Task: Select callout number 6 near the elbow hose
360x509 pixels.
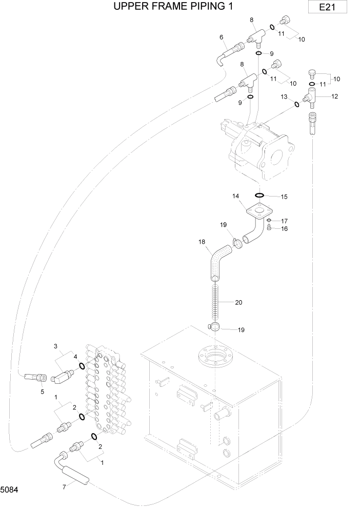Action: (x=221, y=37)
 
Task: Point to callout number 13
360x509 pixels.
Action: (x=284, y=97)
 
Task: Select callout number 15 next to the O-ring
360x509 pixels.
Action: (x=284, y=197)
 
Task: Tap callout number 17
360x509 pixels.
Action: (x=284, y=221)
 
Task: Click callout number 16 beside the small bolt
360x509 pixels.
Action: (x=284, y=229)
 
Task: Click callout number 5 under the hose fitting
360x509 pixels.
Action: (x=43, y=392)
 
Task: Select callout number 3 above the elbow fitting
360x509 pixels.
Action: (x=55, y=347)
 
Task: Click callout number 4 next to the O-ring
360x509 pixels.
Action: (x=75, y=357)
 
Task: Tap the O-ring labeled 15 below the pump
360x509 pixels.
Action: (x=260, y=195)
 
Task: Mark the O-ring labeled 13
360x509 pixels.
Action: (x=296, y=105)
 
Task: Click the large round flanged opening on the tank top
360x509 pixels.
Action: (x=213, y=357)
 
